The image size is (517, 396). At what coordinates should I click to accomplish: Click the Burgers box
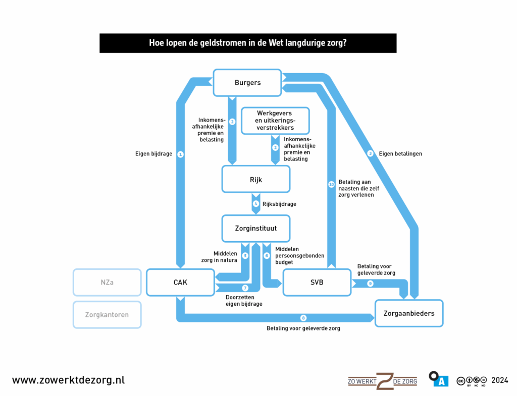click(x=247, y=83)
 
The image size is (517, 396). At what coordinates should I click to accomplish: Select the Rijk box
click(x=256, y=179)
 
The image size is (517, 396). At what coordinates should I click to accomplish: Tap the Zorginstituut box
click(x=256, y=228)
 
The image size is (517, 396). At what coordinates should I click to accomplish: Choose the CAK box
click(x=180, y=282)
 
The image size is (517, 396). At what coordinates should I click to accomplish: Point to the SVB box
click(x=317, y=282)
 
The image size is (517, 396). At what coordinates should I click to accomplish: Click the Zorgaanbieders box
click(x=408, y=313)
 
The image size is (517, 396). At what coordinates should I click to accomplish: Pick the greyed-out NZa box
click(x=107, y=282)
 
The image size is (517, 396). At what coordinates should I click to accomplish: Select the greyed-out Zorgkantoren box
click(x=107, y=315)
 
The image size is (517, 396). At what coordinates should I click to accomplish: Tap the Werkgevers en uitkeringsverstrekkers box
click(x=275, y=121)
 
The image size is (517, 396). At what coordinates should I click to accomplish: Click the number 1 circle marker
click(x=180, y=154)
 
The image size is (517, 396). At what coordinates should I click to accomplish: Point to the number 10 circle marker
click(x=331, y=185)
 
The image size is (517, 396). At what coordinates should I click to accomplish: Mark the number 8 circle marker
click(x=303, y=318)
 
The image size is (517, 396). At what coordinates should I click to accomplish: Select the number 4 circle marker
click(x=256, y=204)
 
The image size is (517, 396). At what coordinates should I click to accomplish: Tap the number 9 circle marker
click(x=370, y=284)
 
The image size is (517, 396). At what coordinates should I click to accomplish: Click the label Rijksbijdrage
click(x=279, y=204)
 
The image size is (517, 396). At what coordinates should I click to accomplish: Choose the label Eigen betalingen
click(x=400, y=153)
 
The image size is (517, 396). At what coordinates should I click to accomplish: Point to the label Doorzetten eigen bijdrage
click(x=244, y=301)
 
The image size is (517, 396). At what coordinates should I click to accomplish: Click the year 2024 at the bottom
click(x=499, y=380)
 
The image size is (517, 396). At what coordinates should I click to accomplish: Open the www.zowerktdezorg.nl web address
click(x=68, y=380)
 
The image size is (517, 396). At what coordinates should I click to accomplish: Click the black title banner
click(x=247, y=43)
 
